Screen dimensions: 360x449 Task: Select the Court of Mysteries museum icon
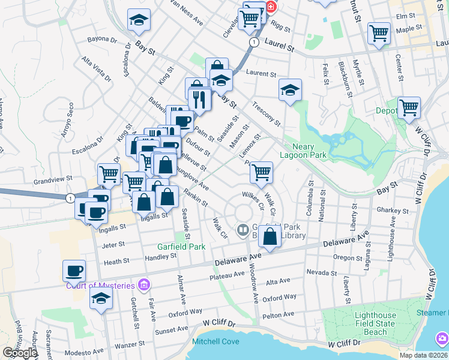tap(143, 284)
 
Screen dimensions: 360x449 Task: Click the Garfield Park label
tap(181, 247)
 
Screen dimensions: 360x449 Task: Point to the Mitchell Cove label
tap(215, 342)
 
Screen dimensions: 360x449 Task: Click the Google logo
tap(19, 353)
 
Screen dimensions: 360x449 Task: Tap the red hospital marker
tap(271, 7)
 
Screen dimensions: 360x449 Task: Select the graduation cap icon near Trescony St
tap(290, 90)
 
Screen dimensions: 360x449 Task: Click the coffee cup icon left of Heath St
tap(74, 270)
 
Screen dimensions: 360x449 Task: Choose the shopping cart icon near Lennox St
tap(261, 172)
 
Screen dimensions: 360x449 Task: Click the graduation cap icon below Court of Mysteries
tap(101, 298)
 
